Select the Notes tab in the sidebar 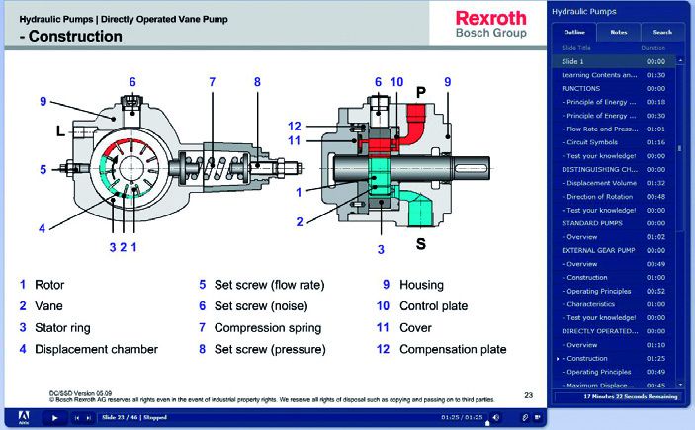coord(618,32)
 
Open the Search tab coord(661,32)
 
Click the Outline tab coord(574,32)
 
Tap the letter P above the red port coord(420,93)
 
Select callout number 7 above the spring coord(212,82)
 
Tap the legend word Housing coord(421,285)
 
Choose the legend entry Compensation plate coord(453,349)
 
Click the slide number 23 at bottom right coord(529,395)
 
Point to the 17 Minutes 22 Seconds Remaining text coord(623,396)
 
